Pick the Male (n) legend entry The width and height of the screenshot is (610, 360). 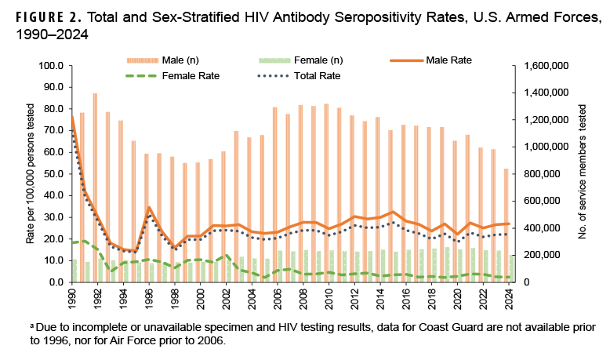tap(164, 60)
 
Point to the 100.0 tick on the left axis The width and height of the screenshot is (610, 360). tap(50, 66)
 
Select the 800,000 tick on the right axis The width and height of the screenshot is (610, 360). tap(542, 174)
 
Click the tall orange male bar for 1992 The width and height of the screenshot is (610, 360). tap(96, 188)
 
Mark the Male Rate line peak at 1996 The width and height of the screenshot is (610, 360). tap(148, 207)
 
